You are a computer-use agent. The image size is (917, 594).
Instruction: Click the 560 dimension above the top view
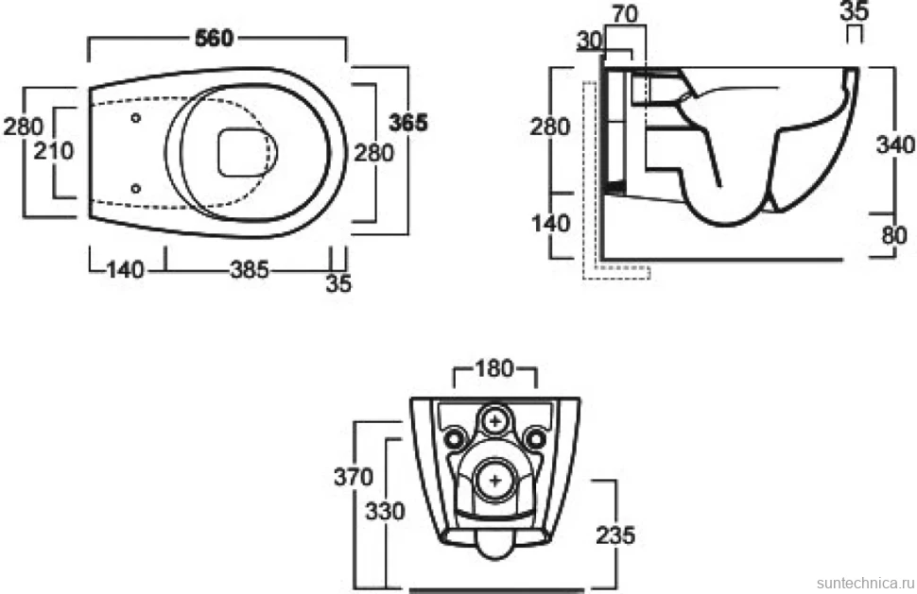214,38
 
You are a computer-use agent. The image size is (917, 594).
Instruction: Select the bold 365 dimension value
408,122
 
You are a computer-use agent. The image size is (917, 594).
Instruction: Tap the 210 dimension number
54,151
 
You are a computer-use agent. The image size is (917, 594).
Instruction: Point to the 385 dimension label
250,269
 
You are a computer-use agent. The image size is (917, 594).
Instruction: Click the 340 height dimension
895,144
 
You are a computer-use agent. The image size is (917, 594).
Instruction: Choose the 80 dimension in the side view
894,235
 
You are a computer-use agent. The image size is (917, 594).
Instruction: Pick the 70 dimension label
625,14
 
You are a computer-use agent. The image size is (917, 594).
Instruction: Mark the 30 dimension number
590,41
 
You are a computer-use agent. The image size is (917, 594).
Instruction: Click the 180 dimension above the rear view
494,368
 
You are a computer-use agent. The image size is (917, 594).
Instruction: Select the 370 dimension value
354,477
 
